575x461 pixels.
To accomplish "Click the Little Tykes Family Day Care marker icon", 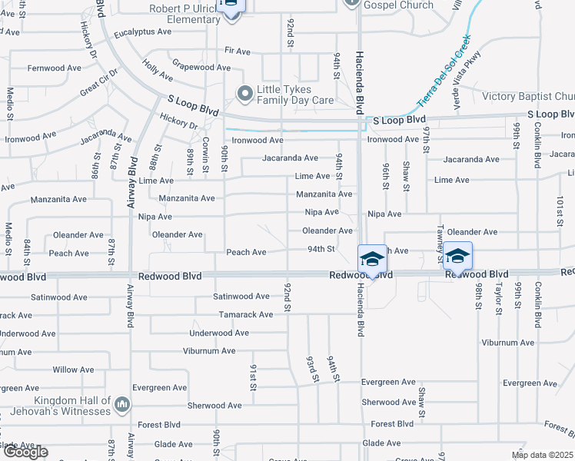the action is pos(245,94).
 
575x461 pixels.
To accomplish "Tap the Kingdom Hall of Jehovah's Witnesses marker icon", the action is pos(121,404).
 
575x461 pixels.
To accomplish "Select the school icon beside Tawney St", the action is pos(457,257).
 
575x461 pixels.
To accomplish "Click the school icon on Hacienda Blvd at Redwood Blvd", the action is pos(372,260).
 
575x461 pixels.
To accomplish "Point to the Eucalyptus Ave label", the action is pos(143,32).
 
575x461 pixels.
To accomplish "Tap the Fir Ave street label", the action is pos(238,51).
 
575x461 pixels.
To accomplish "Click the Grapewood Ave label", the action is pos(201,68).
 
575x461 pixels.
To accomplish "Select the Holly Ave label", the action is pos(158,72).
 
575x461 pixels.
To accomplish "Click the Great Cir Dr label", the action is pos(98,83).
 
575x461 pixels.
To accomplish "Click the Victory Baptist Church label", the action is pos(527,97).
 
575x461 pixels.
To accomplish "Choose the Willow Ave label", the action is pos(76,370).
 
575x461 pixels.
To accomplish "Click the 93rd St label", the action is pos(312,369).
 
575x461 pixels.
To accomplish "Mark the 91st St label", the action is pos(252,376).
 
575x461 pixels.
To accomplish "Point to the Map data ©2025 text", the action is pos(542,455).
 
